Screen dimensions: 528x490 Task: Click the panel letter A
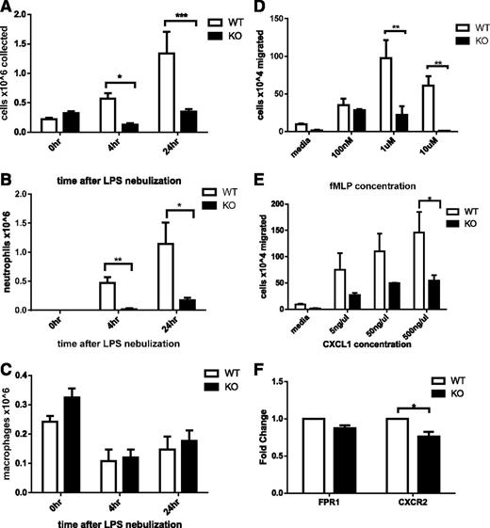(x=8, y=8)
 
